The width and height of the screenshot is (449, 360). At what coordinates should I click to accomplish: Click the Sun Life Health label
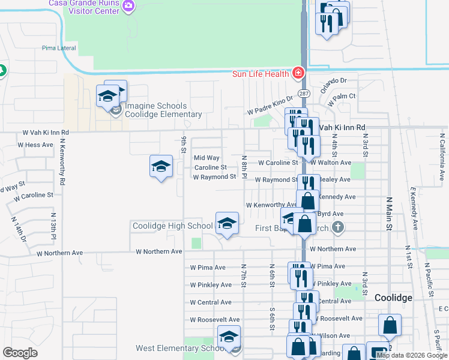tap(261, 74)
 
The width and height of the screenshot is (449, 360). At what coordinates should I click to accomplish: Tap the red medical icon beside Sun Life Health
tap(297, 73)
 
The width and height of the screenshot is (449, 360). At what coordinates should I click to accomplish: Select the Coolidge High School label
tap(172, 226)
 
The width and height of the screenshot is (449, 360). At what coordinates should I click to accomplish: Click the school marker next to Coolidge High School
tap(227, 224)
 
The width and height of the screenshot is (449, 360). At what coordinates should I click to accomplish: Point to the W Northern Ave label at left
tap(159, 252)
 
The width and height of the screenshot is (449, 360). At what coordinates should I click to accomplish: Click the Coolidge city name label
tap(393, 298)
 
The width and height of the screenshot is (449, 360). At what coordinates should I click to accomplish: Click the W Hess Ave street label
tap(35, 145)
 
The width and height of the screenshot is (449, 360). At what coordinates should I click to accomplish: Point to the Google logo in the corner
tap(20, 353)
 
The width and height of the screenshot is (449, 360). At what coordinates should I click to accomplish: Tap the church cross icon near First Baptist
tap(338, 227)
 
